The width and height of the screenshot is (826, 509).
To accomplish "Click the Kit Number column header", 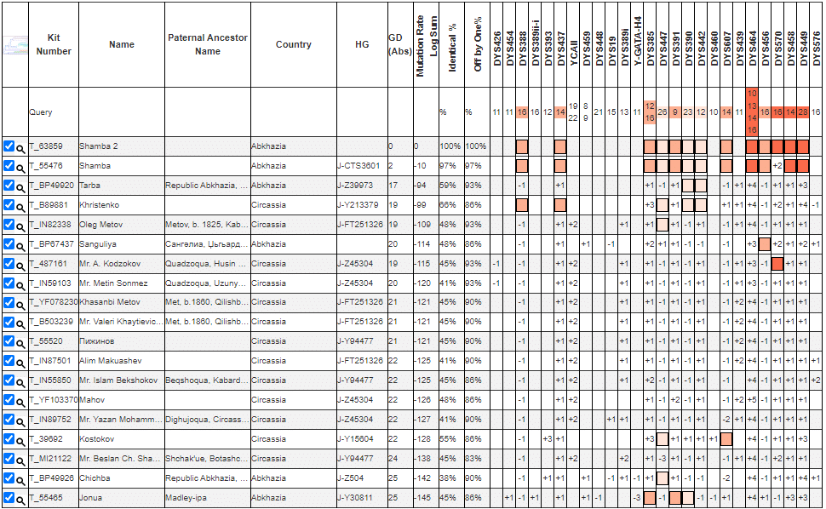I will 54,45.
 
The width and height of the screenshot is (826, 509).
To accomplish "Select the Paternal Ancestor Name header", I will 208,45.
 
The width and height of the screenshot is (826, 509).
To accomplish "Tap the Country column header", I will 293,45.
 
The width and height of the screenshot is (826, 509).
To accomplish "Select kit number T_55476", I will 46,166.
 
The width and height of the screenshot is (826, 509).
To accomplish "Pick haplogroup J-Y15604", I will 359,439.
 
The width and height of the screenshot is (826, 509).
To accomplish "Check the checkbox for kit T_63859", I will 9,146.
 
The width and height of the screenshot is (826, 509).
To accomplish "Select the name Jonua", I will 91,498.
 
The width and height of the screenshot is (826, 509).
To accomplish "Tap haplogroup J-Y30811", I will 359,498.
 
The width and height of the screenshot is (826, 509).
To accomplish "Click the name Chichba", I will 95,478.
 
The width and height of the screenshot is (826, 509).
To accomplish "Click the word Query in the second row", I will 41,112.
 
